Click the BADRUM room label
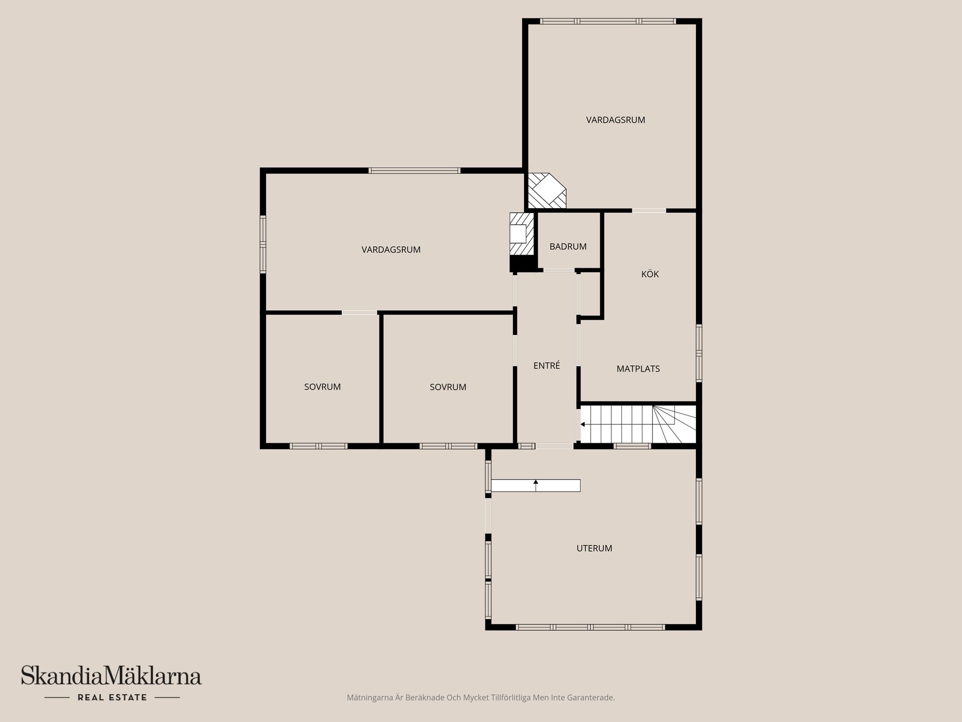[568, 247]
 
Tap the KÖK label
[650, 274]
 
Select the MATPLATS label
[638, 369]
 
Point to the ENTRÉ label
[547, 366]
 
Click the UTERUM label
[594, 549]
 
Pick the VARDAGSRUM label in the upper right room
[615, 120]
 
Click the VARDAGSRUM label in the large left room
[391, 250]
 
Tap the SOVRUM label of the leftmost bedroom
[322, 387]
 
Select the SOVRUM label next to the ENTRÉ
[448, 387]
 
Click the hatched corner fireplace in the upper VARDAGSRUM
[546, 191]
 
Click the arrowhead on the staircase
[583, 425]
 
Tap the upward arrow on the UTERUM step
[536, 483]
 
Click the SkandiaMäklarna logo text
[111, 676]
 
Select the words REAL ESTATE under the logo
[112, 697]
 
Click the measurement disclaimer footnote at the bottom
[480, 697]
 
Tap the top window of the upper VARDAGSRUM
[608, 22]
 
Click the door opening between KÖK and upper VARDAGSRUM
[649, 211]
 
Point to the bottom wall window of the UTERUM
[590, 627]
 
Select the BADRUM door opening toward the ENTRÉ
[559, 270]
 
